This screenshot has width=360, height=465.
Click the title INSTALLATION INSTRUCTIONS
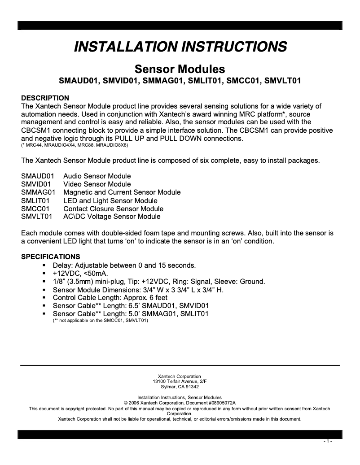coord(180,47)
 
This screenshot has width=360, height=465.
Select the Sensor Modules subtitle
coord(180,70)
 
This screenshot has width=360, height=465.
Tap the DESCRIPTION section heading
coord(45,98)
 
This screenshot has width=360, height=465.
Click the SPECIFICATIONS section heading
coord(51,257)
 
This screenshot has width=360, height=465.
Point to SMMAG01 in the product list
coord(38,192)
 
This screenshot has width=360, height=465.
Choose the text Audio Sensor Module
coord(97,176)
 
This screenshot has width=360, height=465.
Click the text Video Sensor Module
coord(97,184)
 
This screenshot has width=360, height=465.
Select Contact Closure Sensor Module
coord(113,209)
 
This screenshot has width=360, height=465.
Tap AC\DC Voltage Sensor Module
coord(112,217)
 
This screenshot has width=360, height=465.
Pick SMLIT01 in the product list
coord(36,200)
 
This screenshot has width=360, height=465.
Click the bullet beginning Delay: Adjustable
coord(124,265)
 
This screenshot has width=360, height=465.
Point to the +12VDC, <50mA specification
coord(80,273)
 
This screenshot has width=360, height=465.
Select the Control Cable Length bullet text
coord(110,297)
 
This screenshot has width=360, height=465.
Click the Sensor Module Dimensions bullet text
coord(138,290)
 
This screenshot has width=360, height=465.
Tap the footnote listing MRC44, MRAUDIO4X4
coord(75,146)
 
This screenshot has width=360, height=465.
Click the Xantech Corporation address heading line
coord(180,376)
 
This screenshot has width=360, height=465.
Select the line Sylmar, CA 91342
coord(180,387)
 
